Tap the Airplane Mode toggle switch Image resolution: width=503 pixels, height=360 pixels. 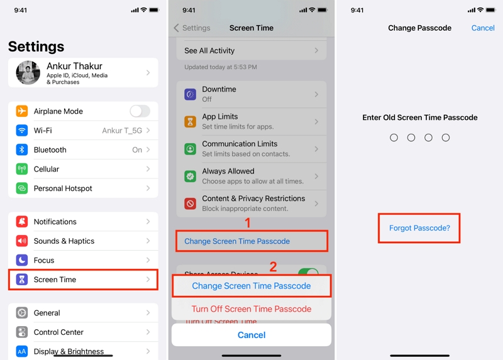coord(140,111)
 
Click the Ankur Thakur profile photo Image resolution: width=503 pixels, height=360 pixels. coord(28,73)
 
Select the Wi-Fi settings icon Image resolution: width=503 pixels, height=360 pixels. coord(22,131)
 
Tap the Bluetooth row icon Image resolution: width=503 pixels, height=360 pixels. coord(22,150)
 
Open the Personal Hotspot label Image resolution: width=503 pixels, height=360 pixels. coord(63,188)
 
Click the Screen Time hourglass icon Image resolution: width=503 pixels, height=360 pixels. coord(22,280)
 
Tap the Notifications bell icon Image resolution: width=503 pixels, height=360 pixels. coord(22,222)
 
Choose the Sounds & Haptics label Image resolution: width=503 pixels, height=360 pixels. coord(64,241)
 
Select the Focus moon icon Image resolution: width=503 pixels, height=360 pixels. coord(22,260)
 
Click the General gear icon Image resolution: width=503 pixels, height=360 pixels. coord(22,313)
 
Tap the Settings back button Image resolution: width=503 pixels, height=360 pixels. coord(192,28)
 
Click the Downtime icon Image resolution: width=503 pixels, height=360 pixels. coord(190,94)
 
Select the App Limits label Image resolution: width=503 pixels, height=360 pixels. coord(220,117)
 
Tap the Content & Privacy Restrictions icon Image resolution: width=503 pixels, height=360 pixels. coord(190,204)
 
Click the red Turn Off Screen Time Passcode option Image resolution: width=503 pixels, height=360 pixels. coord(251,309)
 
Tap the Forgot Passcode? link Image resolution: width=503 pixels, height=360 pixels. coord(419,228)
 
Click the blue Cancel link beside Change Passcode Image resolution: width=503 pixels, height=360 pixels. coord(483,28)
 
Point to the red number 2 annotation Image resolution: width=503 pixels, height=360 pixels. coord(274,266)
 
